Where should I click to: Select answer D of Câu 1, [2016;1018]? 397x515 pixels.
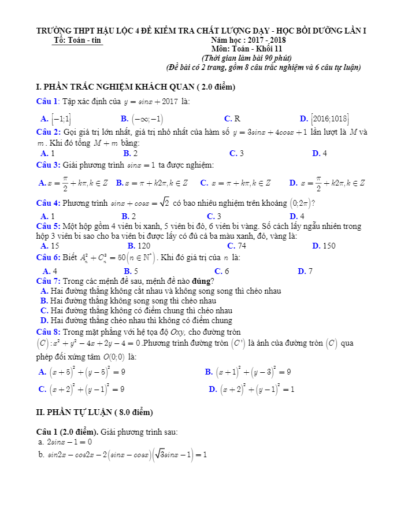pos(325,119)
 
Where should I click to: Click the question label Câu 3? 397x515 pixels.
pos(48,165)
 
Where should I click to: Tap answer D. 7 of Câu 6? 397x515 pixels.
pos(305,271)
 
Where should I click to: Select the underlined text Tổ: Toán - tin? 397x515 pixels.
pos(77,40)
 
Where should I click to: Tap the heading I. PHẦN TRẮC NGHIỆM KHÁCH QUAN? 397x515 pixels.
pos(135,87)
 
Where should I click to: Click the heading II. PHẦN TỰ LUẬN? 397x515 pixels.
pos(95,412)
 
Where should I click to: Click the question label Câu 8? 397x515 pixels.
pos(48,332)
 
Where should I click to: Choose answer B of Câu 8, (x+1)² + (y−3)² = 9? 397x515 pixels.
pos(248,372)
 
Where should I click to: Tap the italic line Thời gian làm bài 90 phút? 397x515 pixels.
pos(246,58)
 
